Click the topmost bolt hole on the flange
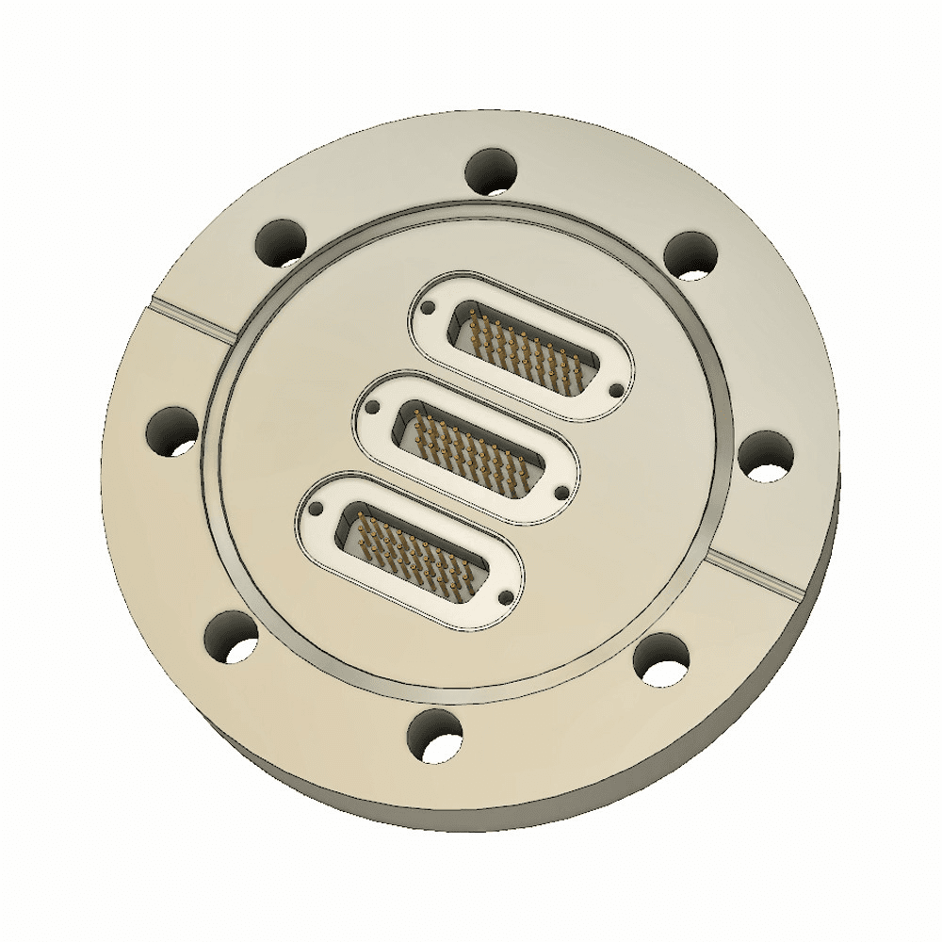tap(493, 172)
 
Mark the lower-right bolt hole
tap(662, 658)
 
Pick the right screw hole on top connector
tap(617, 389)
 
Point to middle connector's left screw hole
tap(373, 409)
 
